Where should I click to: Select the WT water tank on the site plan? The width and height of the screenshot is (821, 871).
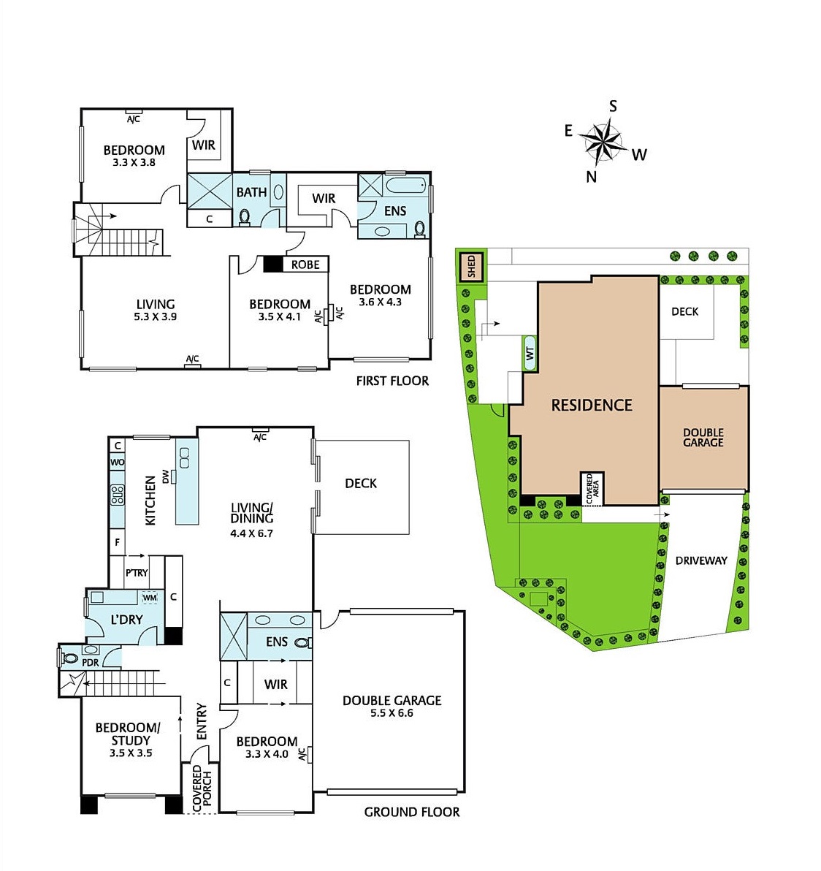tap(530, 353)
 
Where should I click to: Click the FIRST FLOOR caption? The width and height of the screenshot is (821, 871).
tap(392, 381)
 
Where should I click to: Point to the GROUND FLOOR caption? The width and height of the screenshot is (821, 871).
tap(412, 812)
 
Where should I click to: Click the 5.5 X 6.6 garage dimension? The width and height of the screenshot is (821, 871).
tap(392, 713)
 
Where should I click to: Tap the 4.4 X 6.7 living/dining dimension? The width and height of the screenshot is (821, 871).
tap(251, 533)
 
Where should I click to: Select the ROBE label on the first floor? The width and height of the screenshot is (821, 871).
tap(305, 265)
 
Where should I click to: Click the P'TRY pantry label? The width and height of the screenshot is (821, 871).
tap(137, 573)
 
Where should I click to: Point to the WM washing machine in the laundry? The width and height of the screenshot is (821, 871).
tap(150, 598)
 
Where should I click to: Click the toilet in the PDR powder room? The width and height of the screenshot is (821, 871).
tap(70, 657)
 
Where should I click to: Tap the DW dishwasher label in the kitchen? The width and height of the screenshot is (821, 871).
tap(166, 477)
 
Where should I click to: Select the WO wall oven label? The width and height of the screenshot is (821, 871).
tap(117, 463)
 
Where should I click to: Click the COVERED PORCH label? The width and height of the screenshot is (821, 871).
tap(202, 789)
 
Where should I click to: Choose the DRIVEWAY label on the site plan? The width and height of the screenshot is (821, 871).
tap(701, 560)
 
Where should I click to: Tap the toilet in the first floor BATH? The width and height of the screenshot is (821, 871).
tap(245, 216)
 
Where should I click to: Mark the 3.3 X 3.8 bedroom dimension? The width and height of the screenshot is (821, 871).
tap(134, 163)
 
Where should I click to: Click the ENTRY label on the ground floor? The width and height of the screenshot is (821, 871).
tap(202, 720)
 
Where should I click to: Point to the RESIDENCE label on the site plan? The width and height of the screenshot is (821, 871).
tap(592, 405)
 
